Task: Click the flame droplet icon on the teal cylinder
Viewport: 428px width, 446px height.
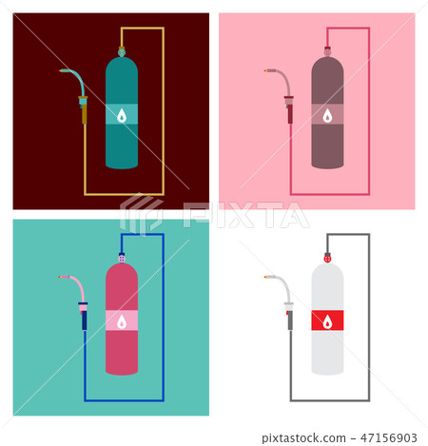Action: pos(122,115)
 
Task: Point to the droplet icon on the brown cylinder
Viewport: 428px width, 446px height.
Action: pos(327,116)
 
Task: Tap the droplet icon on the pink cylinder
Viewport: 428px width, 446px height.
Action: pos(121,321)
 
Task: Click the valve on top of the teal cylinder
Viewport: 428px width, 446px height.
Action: pos(121,50)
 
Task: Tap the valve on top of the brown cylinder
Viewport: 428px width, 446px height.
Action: pos(327,50)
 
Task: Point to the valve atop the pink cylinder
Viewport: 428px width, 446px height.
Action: pos(121,256)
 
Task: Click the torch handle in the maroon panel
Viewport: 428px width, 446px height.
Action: pos(84,112)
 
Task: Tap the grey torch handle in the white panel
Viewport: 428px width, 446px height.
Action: pos(289,320)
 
